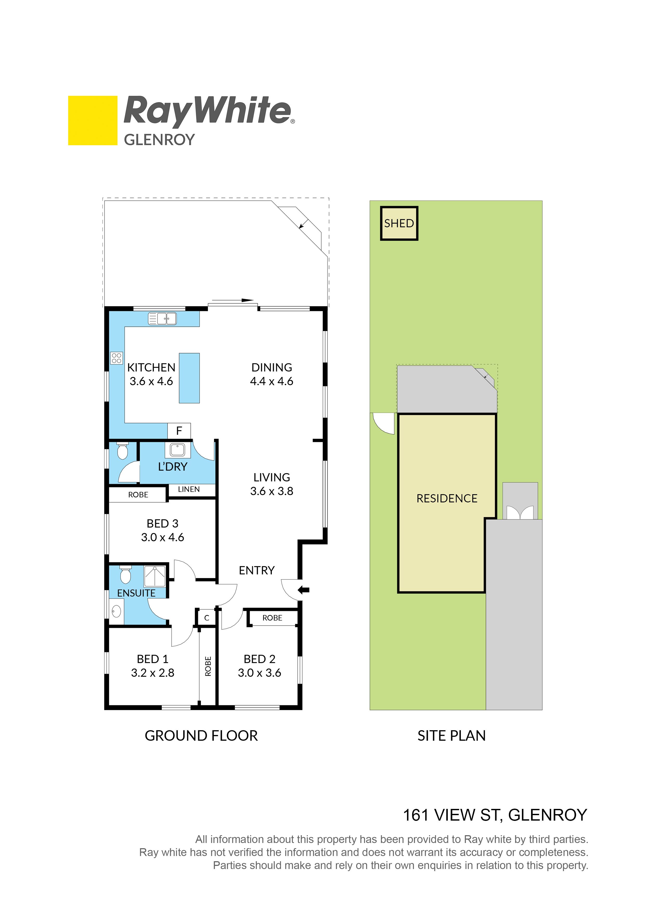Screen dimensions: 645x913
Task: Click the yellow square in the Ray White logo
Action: [93, 121]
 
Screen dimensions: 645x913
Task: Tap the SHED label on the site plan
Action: [399, 224]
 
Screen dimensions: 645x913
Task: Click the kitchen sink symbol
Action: [162, 319]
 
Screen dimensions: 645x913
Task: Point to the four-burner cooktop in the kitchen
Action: [117, 358]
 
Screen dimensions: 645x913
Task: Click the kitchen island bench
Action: [189, 378]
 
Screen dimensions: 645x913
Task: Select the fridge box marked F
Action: [179, 431]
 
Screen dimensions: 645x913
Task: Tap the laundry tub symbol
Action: [177, 450]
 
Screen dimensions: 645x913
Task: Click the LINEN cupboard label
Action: [189, 490]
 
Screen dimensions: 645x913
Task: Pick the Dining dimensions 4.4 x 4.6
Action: [272, 381]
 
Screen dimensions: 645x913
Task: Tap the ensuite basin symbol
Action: [116, 611]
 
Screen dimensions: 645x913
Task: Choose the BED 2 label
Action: [260, 659]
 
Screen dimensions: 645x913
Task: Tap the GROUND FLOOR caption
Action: [201, 736]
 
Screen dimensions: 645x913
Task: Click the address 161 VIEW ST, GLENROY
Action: [495, 815]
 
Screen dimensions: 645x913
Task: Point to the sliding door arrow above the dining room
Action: [233, 300]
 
